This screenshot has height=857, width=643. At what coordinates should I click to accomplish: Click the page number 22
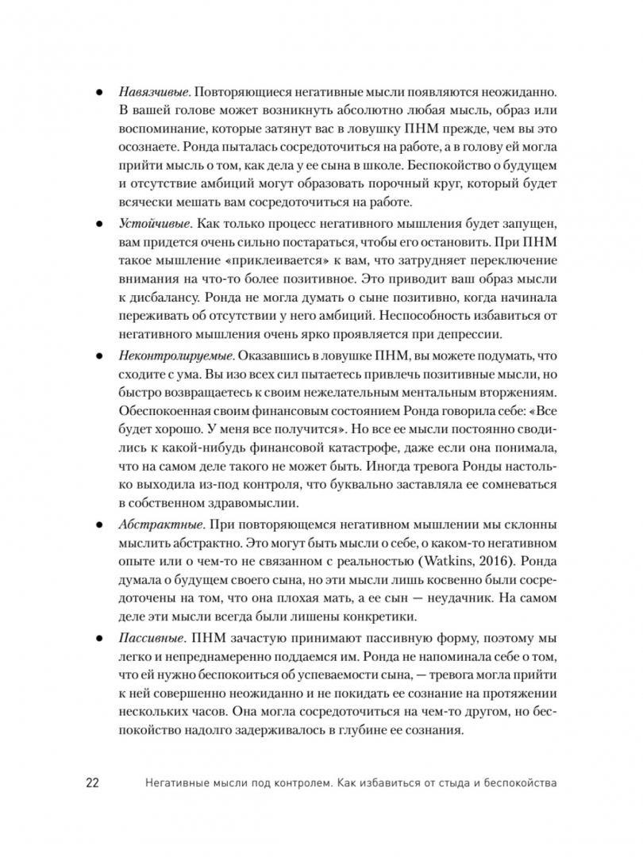pyautogui.click(x=91, y=783)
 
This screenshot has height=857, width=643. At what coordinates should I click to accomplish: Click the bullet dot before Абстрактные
pyautogui.click(x=99, y=525)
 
